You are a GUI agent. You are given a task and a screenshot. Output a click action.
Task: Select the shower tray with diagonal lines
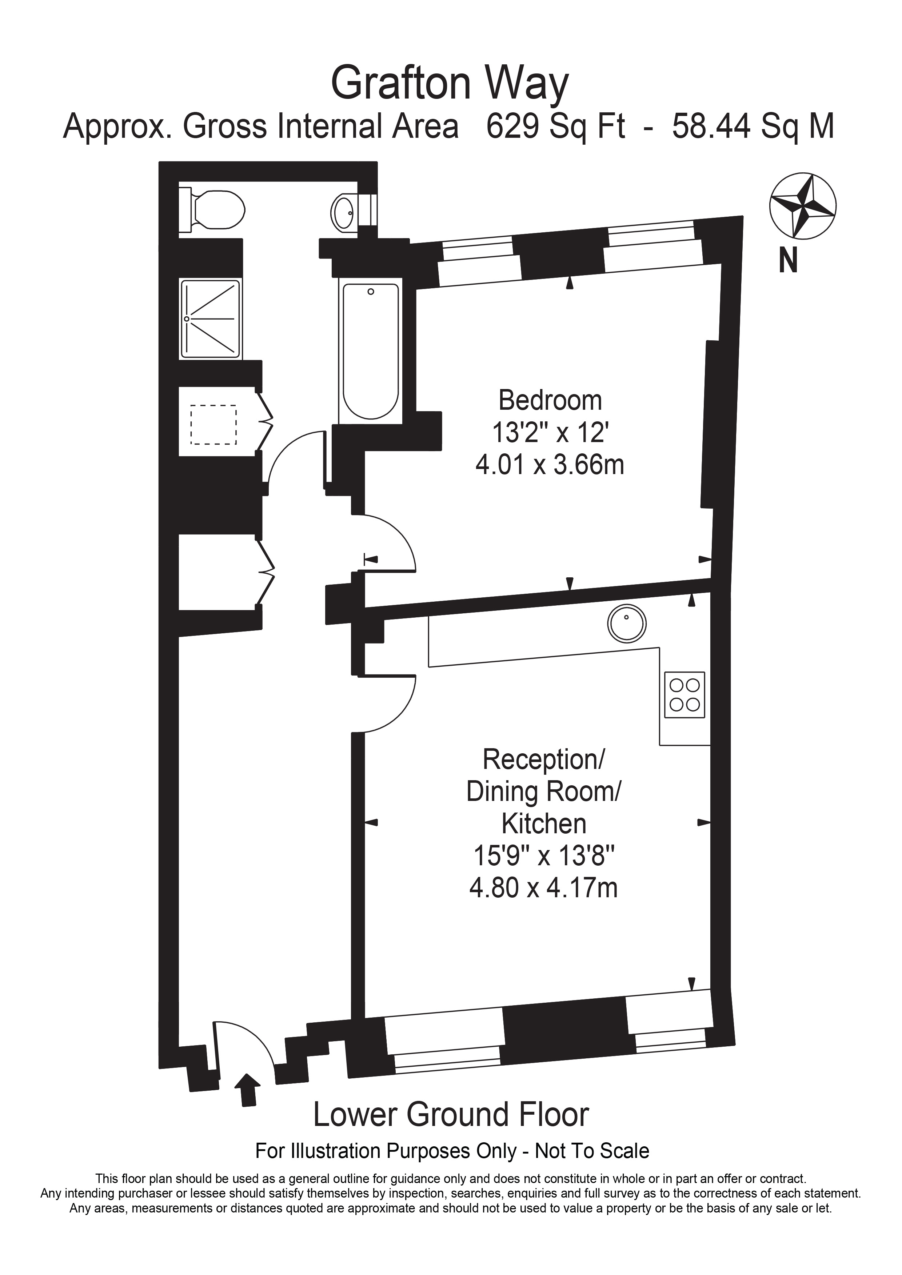click(x=211, y=319)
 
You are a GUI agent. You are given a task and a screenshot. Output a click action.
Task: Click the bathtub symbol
click(x=371, y=351)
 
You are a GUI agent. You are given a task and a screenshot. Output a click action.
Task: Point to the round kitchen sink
click(x=627, y=623)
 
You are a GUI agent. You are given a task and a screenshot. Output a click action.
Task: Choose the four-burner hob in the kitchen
click(x=685, y=695)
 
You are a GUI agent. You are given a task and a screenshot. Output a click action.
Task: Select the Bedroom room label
click(x=550, y=400)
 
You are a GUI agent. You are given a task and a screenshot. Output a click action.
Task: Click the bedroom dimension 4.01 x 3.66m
click(x=550, y=464)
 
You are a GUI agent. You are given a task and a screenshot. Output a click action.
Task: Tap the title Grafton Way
click(x=450, y=83)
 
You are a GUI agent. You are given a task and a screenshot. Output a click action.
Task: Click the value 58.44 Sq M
click(x=753, y=126)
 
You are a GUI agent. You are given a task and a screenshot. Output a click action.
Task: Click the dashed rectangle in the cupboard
click(x=213, y=425)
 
